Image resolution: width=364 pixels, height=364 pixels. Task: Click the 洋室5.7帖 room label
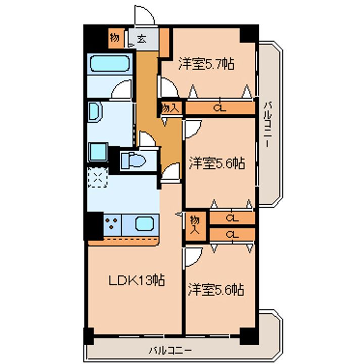tap(206, 64)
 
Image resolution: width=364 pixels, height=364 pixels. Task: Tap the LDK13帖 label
tap(137, 280)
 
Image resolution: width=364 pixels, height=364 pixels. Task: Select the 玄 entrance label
tap(142, 38)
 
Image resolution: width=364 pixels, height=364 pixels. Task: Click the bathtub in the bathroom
tap(110, 63)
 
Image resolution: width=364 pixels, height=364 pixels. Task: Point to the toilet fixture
tap(133, 160)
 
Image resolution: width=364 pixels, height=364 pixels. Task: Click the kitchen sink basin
tap(145, 224)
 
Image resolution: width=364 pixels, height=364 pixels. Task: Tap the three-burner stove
tap(112, 223)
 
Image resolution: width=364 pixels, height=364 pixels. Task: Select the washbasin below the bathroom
tap(95, 112)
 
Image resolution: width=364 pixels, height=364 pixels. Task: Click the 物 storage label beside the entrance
tap(115, 37)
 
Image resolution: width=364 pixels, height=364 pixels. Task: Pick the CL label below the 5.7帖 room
tap(219, 108)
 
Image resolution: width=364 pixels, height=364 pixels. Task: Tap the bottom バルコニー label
tap(170, 350)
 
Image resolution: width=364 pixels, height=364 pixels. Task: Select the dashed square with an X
tap(98, 177)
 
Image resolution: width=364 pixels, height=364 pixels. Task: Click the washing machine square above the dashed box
tap(98, 152)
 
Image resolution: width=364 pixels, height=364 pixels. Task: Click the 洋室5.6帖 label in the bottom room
tap(216, 289)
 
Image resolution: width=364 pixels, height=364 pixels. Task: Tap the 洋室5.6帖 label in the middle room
tap(217, 163)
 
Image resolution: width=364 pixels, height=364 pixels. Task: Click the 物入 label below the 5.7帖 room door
tap(170, 108)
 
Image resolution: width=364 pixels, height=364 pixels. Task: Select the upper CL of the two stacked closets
tap(232, 218)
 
